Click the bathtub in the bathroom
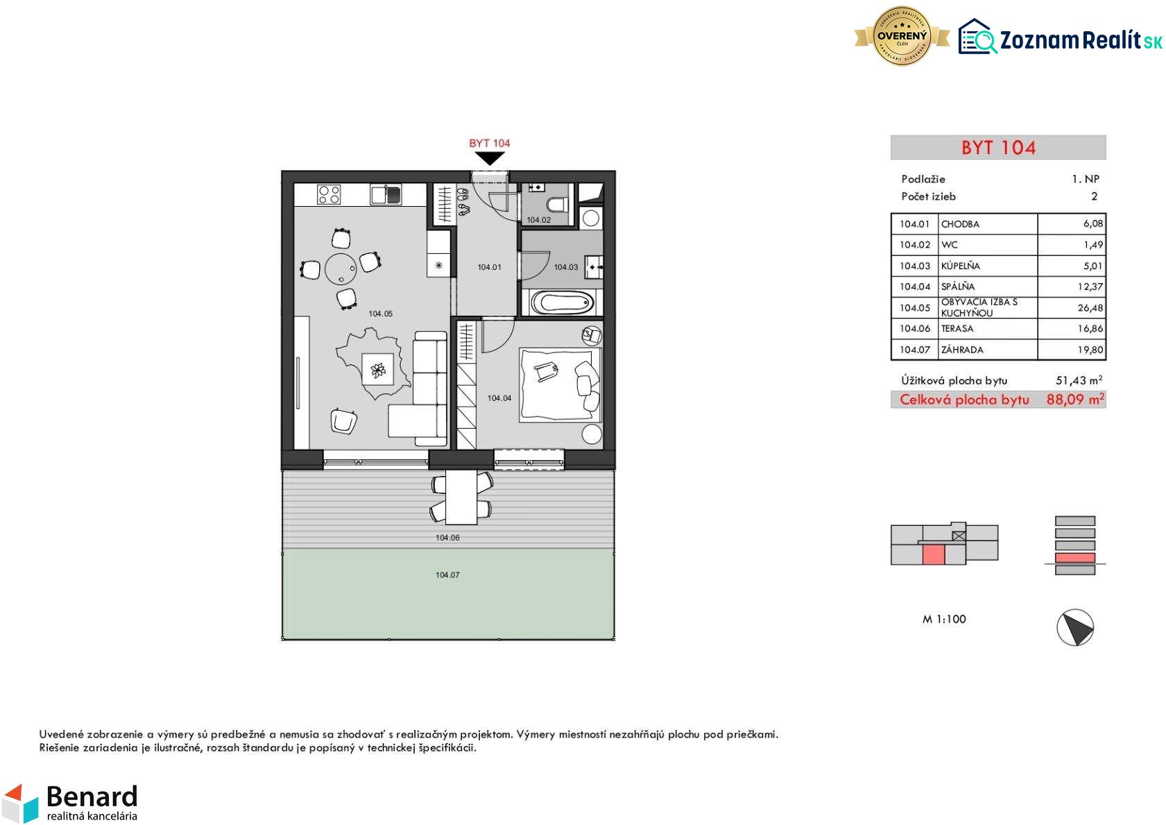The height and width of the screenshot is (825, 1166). click(x=562, y=303)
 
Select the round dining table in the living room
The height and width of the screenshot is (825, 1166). click(x=341, y=269)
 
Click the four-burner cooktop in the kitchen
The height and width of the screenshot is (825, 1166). click(x=329, y=195)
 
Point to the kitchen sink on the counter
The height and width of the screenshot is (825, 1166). click(x=385, y=195)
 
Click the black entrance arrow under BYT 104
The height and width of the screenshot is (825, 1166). click(x=489, y=158)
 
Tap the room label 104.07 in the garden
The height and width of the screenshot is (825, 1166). click(x=447, y=575)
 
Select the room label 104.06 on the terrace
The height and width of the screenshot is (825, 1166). click(x=447, y=538)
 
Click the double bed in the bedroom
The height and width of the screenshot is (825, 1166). click(x=560, y=384)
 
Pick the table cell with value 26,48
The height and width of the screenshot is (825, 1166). click(x=1071, y=308)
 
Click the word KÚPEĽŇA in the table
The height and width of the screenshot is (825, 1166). click(x=961, y=266)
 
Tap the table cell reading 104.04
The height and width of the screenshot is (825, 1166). click(x=915, y=287)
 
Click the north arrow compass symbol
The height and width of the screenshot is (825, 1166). click(x=1075, y=627)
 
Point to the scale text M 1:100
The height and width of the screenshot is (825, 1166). click(x=944, y=620)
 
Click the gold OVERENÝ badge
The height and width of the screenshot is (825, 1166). click(x=902, y=36)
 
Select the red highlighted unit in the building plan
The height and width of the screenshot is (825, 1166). click(x=934, y=554)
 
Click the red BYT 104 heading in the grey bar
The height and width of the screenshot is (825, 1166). click(x=998, y=148)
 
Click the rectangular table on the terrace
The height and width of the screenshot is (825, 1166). click(x=461, y=497)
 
